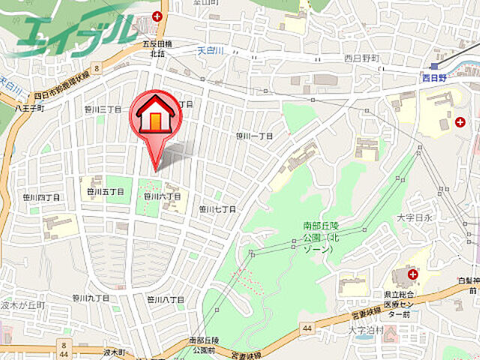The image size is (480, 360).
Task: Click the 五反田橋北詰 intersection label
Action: coord(157,49)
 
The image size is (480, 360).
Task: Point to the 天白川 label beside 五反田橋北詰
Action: coord(211,51)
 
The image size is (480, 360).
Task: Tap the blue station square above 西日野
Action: coord(434,65)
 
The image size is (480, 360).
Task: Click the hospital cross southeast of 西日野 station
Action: coord(460,121)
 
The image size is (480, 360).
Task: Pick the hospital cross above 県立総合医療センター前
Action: coord(413,275)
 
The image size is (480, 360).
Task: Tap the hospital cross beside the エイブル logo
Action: coord(157,16)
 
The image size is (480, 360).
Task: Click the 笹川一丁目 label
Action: coord(254,136)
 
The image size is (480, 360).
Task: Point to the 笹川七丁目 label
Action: coord(217,209)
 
